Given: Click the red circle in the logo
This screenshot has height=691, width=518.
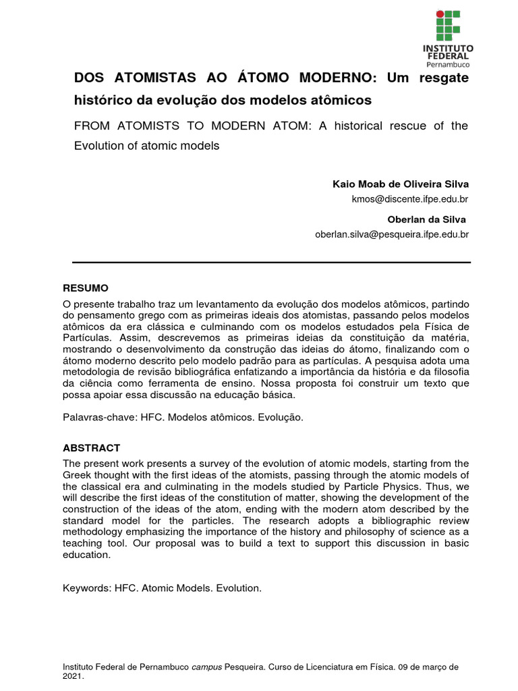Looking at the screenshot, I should (x=440, y=13).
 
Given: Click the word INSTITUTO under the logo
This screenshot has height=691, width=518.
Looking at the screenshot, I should (x=448, y=49).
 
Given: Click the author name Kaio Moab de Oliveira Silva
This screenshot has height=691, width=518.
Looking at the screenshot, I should (x=401, y=184).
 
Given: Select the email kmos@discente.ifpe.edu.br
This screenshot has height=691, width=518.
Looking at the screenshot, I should (x=410, y=200).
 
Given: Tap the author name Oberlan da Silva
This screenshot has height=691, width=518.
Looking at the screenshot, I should (x=416, y=219).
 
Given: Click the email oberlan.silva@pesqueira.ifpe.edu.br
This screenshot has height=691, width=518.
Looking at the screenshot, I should (x=391, y=235).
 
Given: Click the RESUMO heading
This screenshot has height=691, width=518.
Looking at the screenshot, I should (x=85, y=287).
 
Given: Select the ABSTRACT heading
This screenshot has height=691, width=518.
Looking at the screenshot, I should (x=91, y=448).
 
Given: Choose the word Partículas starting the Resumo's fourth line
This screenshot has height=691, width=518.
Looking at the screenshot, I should (x=86, y=337).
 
